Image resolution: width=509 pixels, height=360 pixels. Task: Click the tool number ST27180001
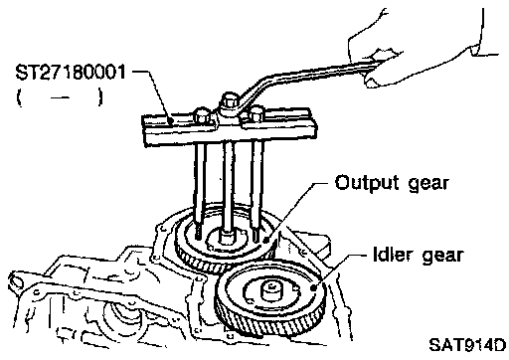tap(71, 73)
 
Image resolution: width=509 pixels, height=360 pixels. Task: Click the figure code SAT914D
tap(467, 345)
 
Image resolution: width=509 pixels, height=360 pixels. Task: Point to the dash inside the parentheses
tap(60, 97)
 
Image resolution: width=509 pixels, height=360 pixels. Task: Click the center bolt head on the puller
tap(230, 99)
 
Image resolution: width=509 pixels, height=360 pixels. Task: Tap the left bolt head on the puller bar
tap(202, 114)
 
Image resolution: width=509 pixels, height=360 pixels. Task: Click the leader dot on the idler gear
tap(313, 287)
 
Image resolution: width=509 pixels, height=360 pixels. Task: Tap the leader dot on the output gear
tap(264, 240)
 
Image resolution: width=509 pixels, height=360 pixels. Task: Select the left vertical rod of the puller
tap(200, 189)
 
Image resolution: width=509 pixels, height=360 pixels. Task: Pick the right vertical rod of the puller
tap(257, 189)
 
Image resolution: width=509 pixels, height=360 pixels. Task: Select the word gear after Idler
tap(442, 257)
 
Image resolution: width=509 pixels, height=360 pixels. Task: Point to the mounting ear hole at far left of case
tap(17, 281)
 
